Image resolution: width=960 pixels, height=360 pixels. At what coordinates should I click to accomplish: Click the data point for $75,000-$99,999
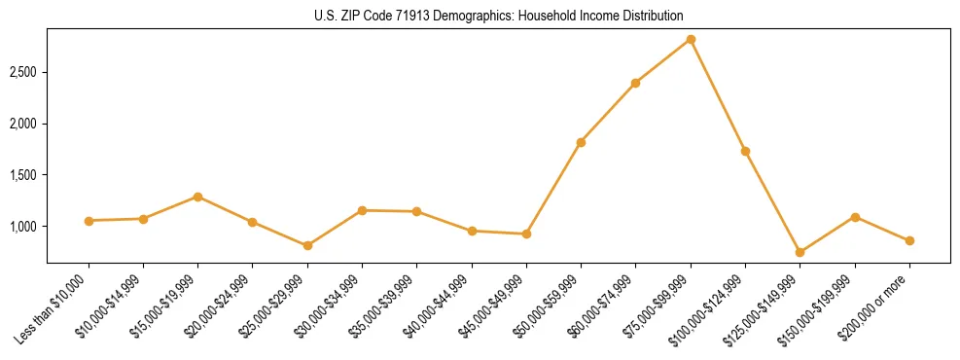691,39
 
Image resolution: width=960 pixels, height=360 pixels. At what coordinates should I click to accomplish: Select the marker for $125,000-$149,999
800,253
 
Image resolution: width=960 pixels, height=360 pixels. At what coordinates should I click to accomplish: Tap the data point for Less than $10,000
89,221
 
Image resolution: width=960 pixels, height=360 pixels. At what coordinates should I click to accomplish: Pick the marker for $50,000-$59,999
581,142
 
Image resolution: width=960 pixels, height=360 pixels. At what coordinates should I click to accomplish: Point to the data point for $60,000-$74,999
635,83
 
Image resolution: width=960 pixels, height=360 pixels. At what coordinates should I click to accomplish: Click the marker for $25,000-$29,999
307,245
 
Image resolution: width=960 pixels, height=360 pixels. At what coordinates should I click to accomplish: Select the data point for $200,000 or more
909,240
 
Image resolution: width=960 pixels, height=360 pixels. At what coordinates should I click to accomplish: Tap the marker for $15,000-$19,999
197,197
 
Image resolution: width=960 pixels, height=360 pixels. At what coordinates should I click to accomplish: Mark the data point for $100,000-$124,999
745,151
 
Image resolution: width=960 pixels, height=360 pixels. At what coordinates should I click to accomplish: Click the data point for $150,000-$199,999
855,217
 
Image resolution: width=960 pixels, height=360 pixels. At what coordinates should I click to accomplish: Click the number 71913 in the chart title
411,17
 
